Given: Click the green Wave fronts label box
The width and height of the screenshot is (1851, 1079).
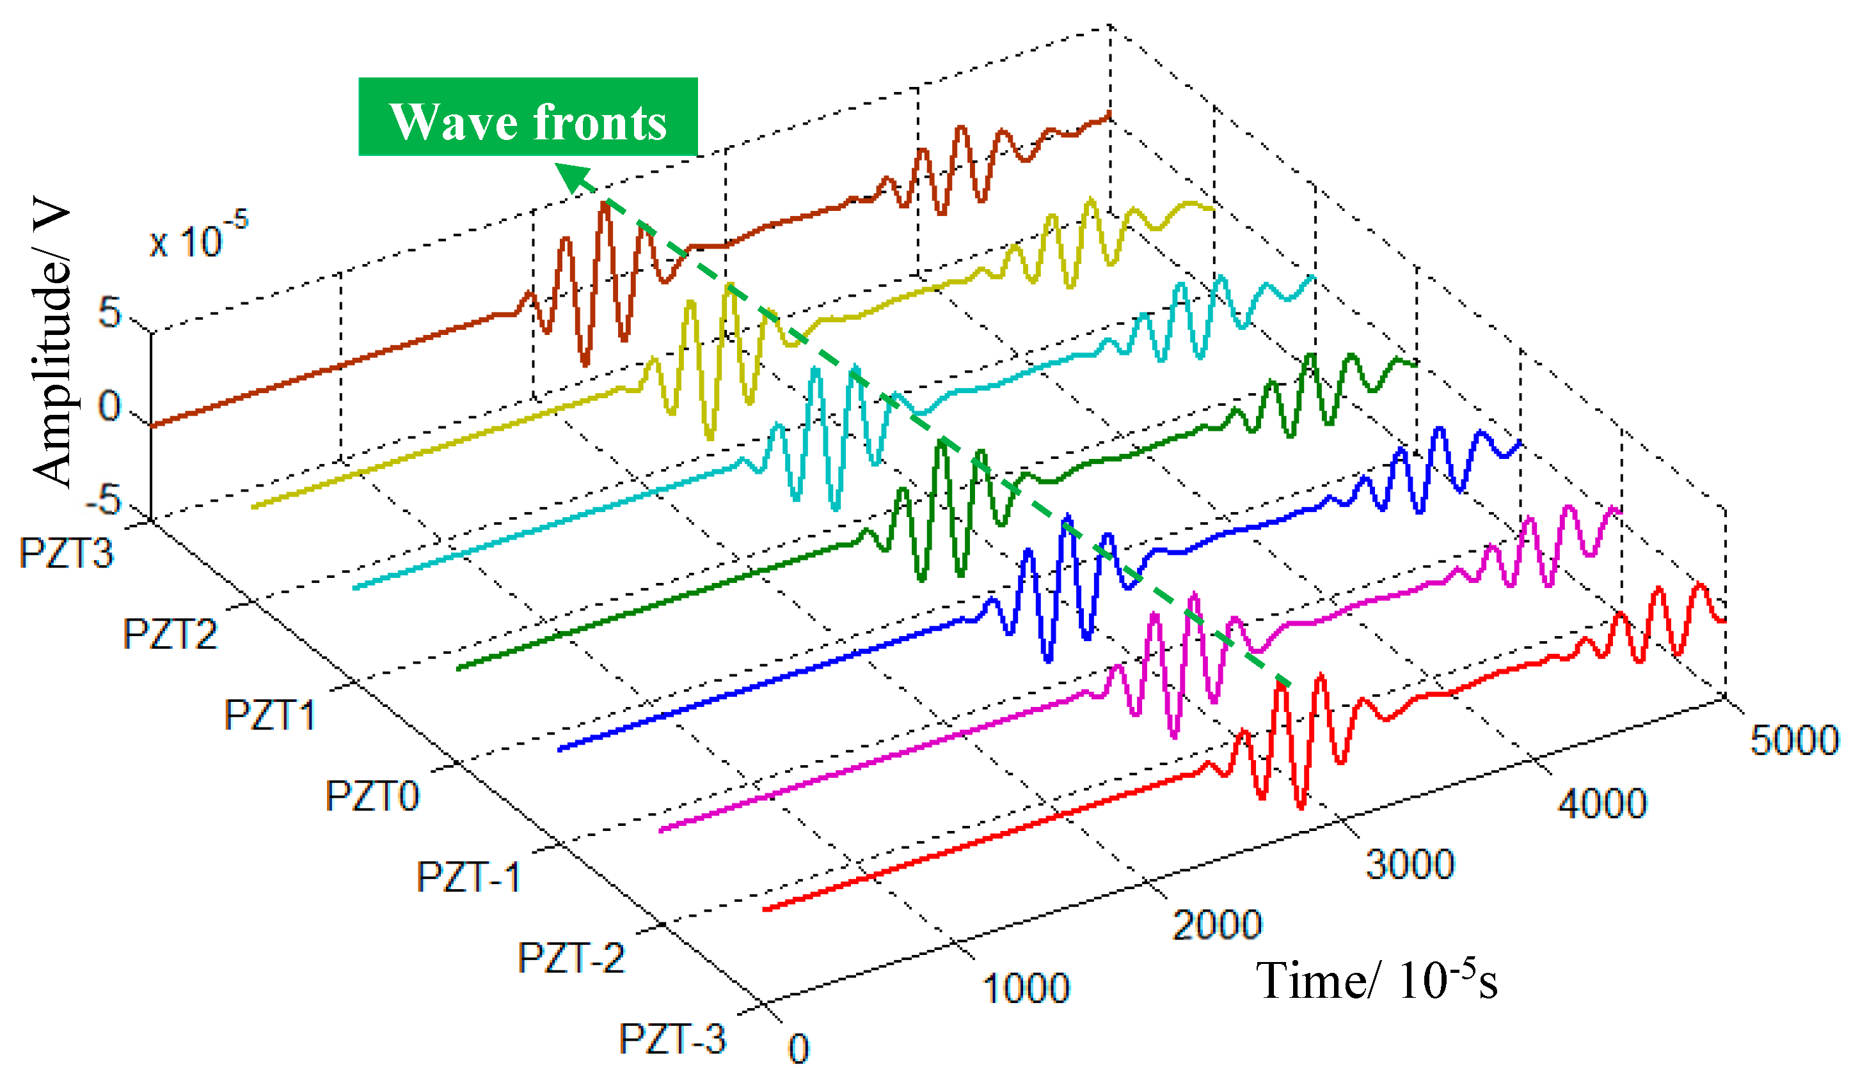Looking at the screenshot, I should click(x=527, y=118).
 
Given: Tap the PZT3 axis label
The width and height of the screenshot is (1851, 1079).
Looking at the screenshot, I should click(x=66, y=554).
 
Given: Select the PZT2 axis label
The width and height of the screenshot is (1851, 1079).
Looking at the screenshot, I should click(x=170, y=634).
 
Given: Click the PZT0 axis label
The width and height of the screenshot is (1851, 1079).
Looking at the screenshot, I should click(x=372, y=796).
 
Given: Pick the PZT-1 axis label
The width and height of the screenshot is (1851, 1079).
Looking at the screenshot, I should click(x=468, y=877).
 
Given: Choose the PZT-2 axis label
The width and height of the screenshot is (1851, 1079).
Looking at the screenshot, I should click(x=571, y=959).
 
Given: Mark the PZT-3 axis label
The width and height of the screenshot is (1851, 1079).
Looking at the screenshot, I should click(x=672, y=1040).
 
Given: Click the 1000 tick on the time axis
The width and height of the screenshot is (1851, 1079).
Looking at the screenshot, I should click(x=1026, y=989).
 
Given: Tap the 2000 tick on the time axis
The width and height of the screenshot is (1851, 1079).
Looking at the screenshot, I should click(x=1216, y=926).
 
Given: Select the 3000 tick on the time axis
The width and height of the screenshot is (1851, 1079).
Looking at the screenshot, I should click(x=1410, y=864).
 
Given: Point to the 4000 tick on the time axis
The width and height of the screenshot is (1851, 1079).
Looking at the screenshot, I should click(x=1602, y=803).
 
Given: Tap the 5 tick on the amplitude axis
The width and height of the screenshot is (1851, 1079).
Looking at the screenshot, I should click(x=109, y=313).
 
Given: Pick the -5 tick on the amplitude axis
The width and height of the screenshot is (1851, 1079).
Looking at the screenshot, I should click(x=104, y=501).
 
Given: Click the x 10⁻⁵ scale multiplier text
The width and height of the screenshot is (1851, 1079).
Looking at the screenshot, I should click(x=198, y=235).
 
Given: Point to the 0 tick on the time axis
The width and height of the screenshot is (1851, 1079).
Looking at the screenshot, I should click(x=798, y=1049).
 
